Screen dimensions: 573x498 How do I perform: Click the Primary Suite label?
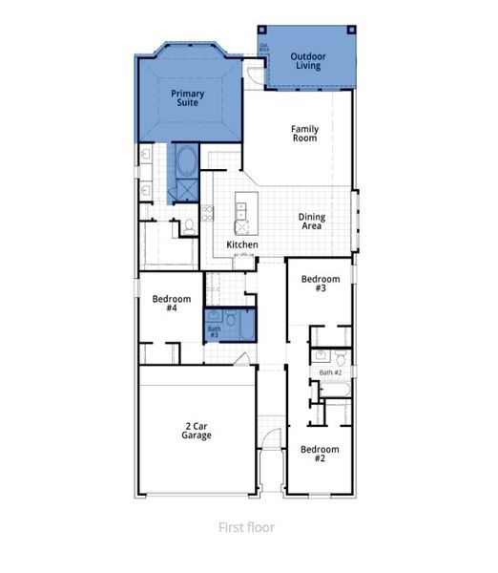187,98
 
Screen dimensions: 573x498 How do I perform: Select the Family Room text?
304,134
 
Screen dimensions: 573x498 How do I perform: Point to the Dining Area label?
311,223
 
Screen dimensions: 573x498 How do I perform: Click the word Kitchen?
241,245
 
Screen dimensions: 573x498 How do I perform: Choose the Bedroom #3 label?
314,284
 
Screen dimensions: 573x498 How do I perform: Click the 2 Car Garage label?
197,431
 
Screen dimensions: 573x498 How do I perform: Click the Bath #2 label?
330,372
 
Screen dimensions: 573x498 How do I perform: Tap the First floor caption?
247,527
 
